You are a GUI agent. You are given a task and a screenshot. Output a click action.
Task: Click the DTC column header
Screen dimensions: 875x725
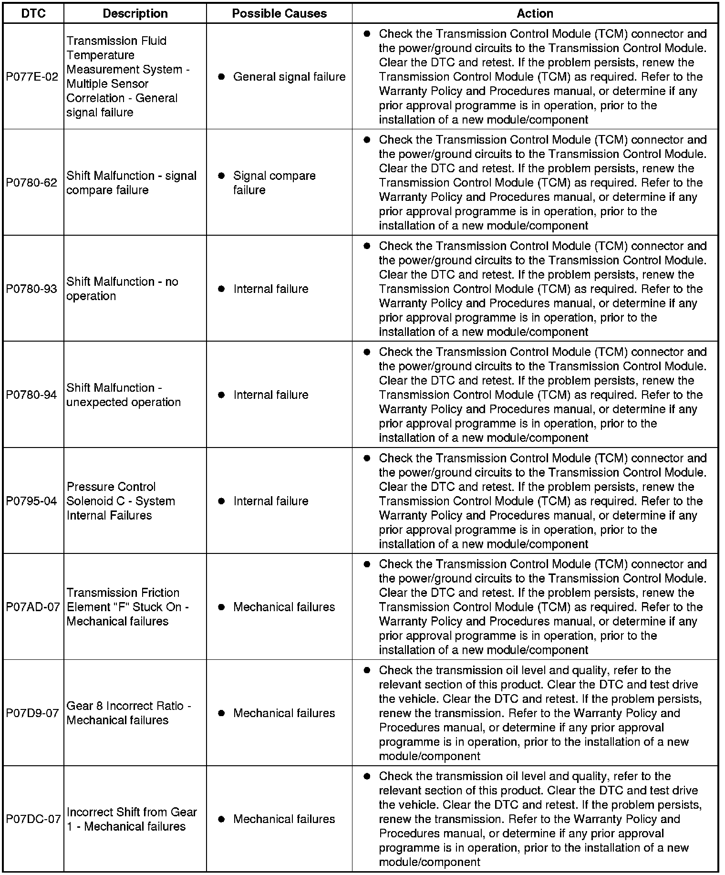pyautogui.click(x=33, y=13)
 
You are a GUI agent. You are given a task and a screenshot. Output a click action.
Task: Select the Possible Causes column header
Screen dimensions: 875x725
pyautogui.click(x=279, y=13)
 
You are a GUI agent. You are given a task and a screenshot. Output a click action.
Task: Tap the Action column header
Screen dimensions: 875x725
pyautogui.click(x=535, y=13)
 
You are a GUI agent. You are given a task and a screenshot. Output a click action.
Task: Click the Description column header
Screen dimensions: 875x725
pyautogui.click(x=135, y=13)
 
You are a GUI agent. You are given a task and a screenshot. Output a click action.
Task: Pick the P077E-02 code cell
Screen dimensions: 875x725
pyautogui.click(x=32, y=77)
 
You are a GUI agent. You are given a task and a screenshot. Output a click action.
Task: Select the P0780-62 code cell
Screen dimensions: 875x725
pyautogui.click(x=32, y=183)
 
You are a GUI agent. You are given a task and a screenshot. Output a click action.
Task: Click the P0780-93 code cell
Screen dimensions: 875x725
pyautogui.click(x=32, y=289)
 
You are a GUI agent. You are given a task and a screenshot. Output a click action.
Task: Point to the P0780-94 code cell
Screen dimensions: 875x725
pyautogui.click(x=32, y=395)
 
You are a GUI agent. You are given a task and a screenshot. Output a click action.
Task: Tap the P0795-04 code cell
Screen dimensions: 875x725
pyautogui.click(x=32, y=501)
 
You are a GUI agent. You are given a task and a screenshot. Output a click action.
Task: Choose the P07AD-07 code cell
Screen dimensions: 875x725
pyautogui.click(x=33, y=607)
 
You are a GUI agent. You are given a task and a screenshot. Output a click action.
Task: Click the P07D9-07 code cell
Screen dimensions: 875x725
pyautogui.click(x=32, y=713)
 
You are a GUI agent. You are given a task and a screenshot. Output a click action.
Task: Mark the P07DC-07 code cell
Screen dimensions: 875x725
pyautogui.click(x=33, y=819)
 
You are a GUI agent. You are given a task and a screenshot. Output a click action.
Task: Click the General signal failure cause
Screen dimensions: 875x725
pyautogui.click(x=289, y=77)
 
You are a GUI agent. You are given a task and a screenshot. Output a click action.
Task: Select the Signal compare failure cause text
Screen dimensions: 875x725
pyautogui.click(x=274, y=183)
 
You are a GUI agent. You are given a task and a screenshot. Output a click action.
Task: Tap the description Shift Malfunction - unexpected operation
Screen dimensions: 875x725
pyautogui.click(x=124, y=395)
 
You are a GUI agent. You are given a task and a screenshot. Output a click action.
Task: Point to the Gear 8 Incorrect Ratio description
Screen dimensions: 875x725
pyautogui.click(x=128, y=713)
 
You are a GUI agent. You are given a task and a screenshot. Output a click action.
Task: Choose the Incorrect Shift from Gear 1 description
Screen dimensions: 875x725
pyautogui.click(x=132, y=819)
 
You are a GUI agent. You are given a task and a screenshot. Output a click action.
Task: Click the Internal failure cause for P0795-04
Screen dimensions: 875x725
pyautogui.click(x=270, y=501)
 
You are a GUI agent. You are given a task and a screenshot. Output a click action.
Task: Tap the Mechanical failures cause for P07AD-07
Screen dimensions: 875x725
pyautogui.click(x=284, y=607)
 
